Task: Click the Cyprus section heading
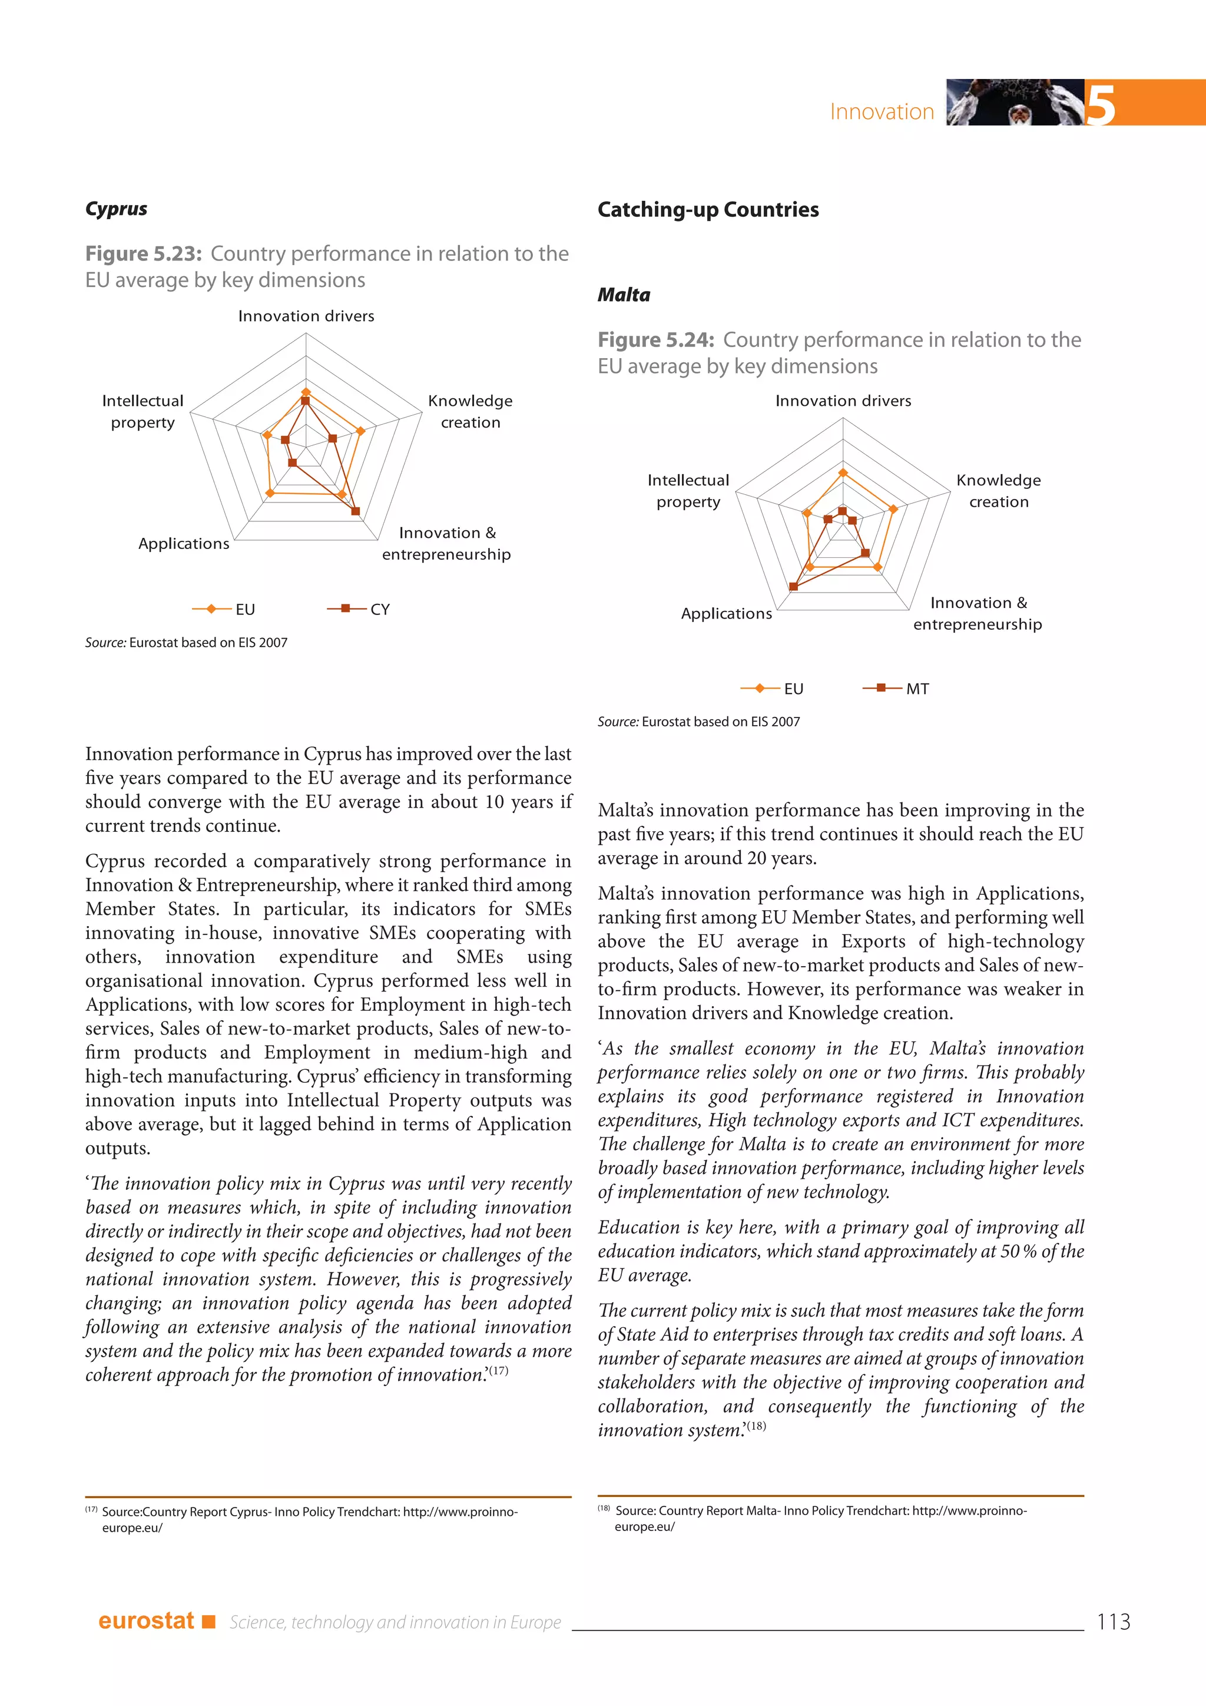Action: point(116,209)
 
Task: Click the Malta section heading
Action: point(624,295)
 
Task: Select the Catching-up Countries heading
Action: point(708,210)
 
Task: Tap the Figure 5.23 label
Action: point(143,253)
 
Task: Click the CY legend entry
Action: point(359,609)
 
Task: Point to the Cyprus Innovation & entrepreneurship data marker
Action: point(356,511)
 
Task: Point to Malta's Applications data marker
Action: point(794,587)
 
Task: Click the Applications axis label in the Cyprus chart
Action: point(183,543)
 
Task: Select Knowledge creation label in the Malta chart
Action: point(998,490)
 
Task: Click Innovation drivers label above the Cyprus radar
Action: point(306,316)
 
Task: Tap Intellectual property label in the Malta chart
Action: point(688,490)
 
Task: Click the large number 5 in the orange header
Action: point(1100,105)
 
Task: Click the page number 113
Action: point(1112,1621)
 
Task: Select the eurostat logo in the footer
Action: point(146,1621)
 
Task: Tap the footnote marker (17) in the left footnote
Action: point(91,1510)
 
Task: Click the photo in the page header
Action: point(1015,103)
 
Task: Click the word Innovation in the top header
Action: point(882,111)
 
